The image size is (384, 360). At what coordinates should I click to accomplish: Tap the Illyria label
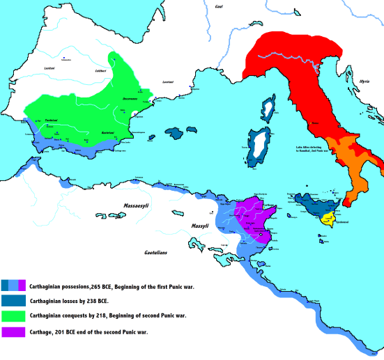[x=362, y=81]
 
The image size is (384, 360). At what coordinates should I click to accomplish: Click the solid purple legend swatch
[x=14, y=333]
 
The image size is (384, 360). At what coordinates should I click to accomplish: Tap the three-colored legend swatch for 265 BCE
[x=14, y=285]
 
